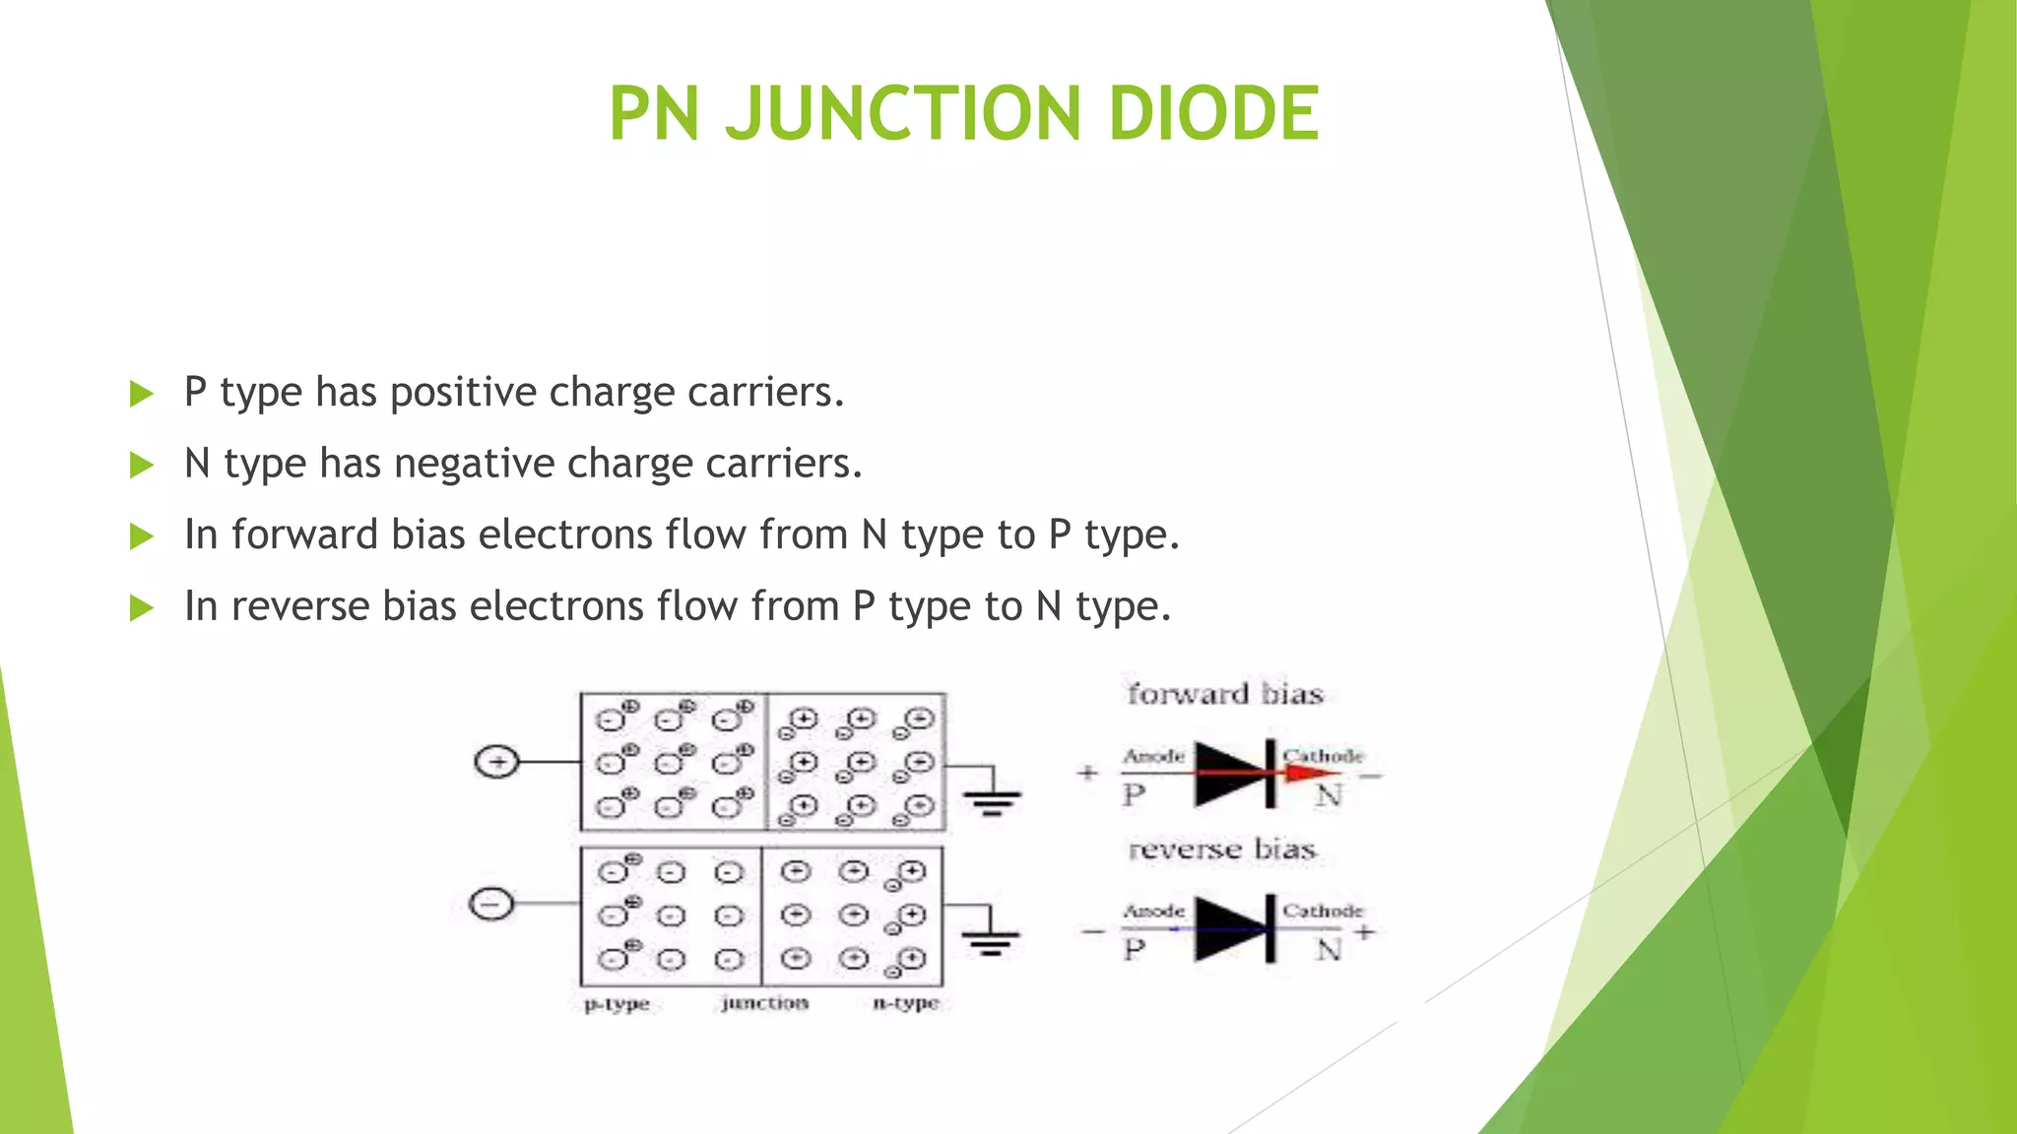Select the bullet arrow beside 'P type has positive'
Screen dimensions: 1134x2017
click(x=142, y=394)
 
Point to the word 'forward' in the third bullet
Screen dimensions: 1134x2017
click(x=305, y=535)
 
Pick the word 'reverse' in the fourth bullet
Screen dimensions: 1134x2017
click(x=299, y=606)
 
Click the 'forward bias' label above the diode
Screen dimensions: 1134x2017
click(x=1225, y=694)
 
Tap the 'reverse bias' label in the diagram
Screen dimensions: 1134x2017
click(x=1221, y=849)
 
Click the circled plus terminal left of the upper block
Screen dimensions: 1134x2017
click(x=496, y=762)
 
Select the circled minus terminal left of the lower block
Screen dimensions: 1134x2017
click(x=491, y=904)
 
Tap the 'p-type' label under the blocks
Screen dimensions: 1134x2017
click(x=617, y=1005)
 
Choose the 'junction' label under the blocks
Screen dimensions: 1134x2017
click(x=764, y=1003)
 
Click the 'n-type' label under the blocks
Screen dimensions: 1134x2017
click(x=906, y=1004)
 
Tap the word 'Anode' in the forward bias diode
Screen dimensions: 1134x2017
click(x=1154, y=756)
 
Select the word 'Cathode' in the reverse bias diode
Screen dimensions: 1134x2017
click(x=1322, y=911)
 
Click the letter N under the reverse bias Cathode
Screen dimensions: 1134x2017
click(x=1329, y=950)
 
